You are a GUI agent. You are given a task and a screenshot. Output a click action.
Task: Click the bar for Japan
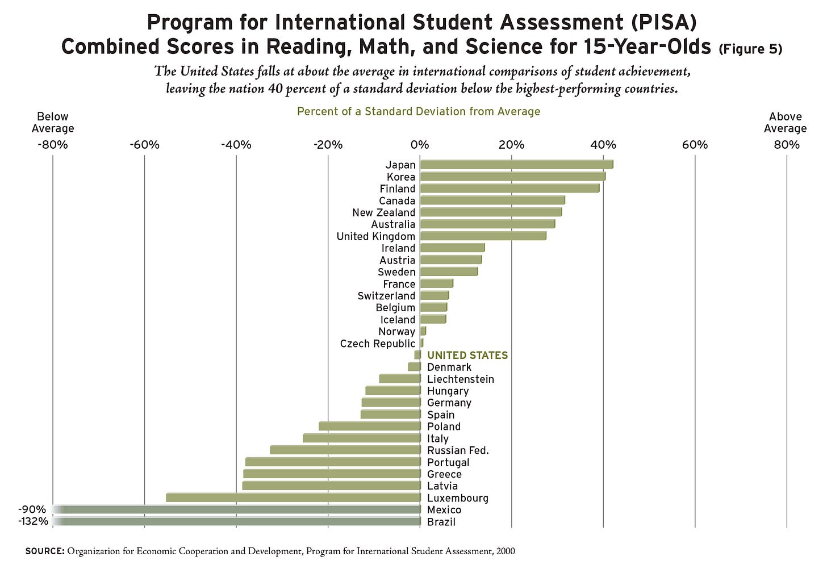click(516, 165)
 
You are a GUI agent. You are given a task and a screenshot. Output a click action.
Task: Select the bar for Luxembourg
click(293, 498)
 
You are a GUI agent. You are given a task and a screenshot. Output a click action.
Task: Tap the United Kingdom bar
click(483, 236)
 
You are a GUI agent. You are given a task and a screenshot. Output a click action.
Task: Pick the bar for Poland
click(370, 426)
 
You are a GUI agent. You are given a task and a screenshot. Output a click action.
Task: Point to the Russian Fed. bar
click(345, 450)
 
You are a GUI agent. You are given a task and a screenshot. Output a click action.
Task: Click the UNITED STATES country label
click(467, 355)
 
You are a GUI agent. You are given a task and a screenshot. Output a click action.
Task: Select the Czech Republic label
click(378, 344)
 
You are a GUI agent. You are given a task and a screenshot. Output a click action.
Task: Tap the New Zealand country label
click(383, 212)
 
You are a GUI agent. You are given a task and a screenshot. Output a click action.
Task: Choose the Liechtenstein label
click(461, 379)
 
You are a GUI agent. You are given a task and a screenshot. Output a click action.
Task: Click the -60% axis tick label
click(144, 145)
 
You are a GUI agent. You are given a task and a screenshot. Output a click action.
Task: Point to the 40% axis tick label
click(603, 145)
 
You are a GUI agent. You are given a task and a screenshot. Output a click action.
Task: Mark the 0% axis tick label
click(420, 145)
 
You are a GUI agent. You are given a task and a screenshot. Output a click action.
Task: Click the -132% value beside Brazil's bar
click(33, 521)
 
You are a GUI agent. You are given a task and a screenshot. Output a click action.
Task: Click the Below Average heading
click(53, 123)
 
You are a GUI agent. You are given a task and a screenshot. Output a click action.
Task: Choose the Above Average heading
click(785, 123)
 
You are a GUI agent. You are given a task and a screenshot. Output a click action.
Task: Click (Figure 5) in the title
click(750, 49)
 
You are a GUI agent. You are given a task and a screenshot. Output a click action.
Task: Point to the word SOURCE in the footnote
click(45, 551)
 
